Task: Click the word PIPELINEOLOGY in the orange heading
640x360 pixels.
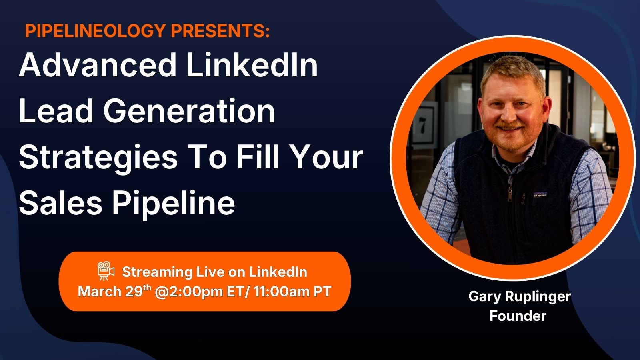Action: tap(96, 30)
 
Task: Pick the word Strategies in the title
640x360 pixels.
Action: tap(98, 158)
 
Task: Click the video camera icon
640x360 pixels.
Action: tap(106, 270)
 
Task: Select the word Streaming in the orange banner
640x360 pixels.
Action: tap(158, 272)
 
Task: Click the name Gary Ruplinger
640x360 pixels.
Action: tap(520, 297)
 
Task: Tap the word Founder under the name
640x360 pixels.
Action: tap(518, 316)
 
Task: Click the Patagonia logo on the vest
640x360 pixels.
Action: tap(540, 194)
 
